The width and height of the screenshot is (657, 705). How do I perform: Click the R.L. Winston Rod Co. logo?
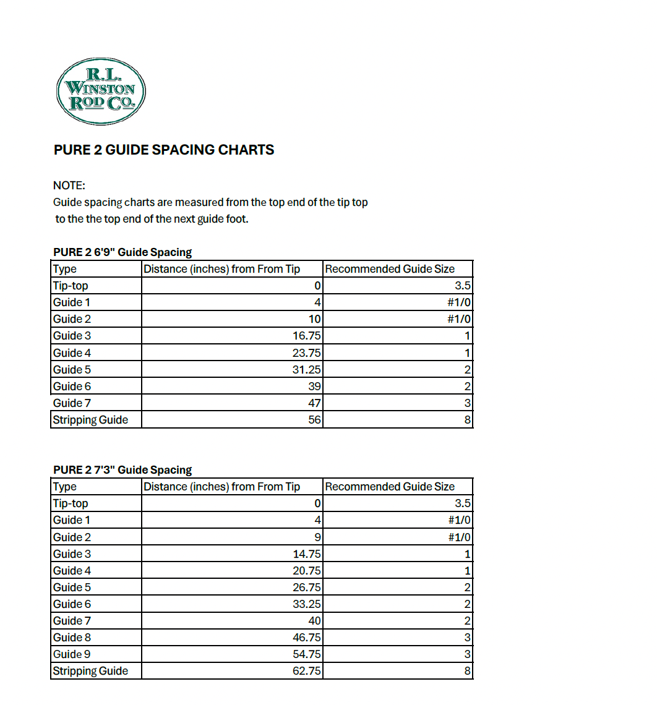coord(101,92)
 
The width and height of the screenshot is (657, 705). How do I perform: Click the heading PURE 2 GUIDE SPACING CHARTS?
coord(164,150)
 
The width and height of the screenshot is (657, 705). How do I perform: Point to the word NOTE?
coord(69,185)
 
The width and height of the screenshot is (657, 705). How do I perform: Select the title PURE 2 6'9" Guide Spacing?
coord(122,252)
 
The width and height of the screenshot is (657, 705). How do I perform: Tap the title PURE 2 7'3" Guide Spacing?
coord(122,470)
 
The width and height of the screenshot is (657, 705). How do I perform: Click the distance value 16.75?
coord(306,336)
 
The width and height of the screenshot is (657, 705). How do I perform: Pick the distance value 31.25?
coord(306,370)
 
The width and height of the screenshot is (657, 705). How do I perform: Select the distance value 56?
coord(314,420)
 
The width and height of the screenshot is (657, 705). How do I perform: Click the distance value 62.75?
coord(306,671)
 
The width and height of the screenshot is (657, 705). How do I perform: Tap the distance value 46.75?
coord(306,638)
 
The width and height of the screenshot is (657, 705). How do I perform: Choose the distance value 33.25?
coord(306,604)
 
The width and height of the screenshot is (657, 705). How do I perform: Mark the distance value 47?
coord(314,403)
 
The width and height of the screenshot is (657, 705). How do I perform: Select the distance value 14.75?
coord(306,554)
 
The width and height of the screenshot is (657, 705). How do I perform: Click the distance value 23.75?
coord(306,353)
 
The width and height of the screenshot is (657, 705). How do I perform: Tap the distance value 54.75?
coord(306,654)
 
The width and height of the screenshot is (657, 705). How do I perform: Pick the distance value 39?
coord(314,387)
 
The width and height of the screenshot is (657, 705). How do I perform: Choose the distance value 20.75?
coord(306,571)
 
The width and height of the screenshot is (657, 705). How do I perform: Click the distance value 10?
coord(314,319)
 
